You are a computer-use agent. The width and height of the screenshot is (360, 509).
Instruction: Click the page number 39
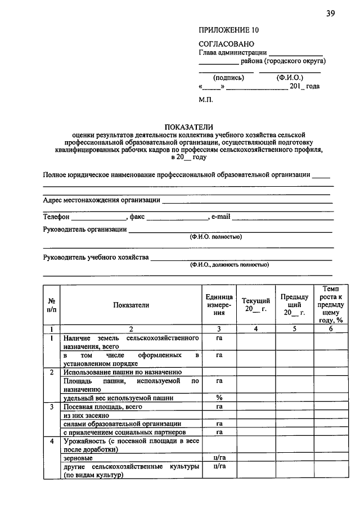coord(330,15)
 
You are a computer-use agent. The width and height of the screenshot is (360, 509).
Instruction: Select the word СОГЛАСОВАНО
coord(226,44)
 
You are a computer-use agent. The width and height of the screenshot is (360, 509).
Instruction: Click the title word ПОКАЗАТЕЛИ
coord(188,127)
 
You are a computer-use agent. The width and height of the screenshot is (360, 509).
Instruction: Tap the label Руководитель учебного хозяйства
coord(96,258)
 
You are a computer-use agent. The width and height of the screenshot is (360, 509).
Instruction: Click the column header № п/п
coord(51,305)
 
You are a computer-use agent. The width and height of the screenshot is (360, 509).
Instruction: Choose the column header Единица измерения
coord(219,305)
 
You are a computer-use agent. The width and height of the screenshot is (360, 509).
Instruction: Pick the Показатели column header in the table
coord(130,305)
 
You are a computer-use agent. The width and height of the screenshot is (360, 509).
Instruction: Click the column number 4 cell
coord(255,329)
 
